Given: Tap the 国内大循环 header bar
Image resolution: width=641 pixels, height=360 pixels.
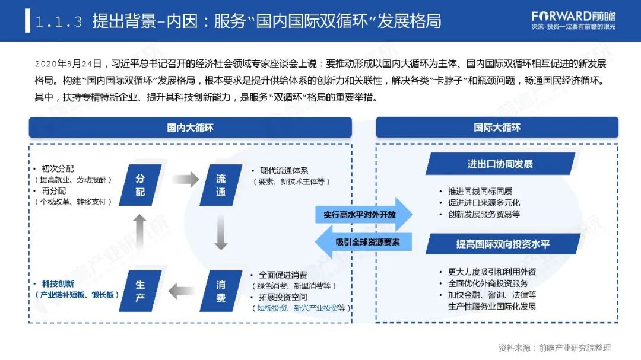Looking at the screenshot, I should tap(190, 128).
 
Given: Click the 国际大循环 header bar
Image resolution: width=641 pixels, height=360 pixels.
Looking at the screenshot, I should tap(497, 128).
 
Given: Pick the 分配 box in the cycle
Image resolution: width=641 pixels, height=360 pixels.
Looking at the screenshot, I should tap(140, 185).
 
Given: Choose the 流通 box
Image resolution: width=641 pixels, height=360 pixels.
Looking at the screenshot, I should tap(221, 185).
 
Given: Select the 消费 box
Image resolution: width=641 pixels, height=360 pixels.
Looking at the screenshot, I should tap(221, 291).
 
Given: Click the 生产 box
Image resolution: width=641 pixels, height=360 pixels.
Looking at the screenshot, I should tap(140, 291).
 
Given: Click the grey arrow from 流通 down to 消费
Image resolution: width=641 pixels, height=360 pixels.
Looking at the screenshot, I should tap(221, 232).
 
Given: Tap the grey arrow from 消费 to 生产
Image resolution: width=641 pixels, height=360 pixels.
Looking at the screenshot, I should tap(181, 291).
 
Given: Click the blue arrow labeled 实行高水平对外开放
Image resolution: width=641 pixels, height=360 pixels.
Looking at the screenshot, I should tap(363, 215).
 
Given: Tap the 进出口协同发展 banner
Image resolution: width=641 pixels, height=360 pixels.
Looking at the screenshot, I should tap(500, 164).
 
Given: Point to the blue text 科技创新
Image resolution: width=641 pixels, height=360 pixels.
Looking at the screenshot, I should tap(58, 284).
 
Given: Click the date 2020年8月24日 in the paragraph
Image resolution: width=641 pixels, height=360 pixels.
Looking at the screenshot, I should tap(69, 63).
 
